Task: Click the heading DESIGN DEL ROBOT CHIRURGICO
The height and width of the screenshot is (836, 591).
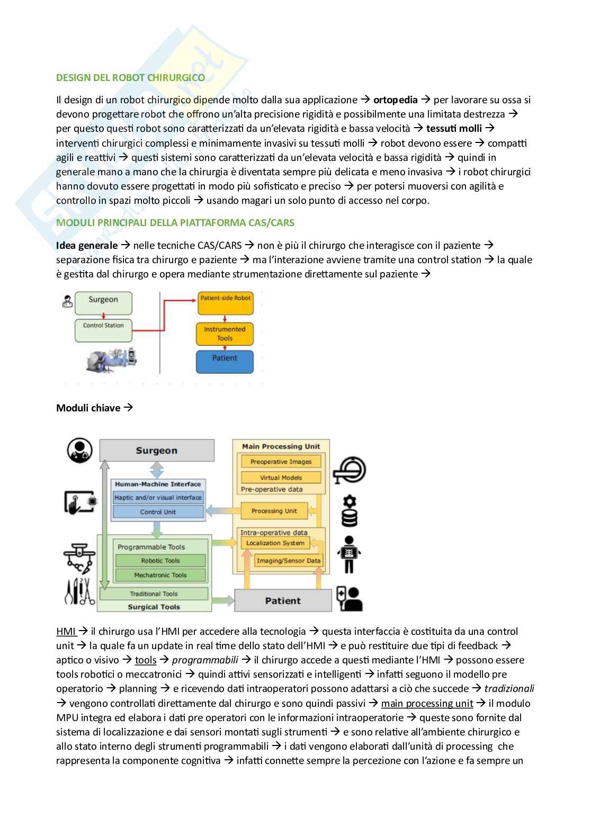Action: click(x=130, y=77)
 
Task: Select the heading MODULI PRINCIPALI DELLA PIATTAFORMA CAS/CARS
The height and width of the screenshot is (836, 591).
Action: click(x=175, y=222)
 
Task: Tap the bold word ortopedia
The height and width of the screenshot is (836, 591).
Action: click(x=395, y=100)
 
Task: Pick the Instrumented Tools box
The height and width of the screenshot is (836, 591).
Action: click(x=225, y=334)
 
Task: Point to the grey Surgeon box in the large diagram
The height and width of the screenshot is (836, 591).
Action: click(x=156, y=451)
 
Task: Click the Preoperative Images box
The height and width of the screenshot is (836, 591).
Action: click(x=281, y=462)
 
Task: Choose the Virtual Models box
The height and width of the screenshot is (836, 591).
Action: click(x=281, y=477)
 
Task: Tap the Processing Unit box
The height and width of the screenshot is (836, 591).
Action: click(x=274, y=511)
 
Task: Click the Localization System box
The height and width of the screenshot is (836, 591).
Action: click(x=275, y=543)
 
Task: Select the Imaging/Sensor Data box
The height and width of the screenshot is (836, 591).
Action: click(x=289, y=560)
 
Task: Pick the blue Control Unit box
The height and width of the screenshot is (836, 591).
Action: click(x=158, y=512)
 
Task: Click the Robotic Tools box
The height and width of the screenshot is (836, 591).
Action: click(x=160, y=561)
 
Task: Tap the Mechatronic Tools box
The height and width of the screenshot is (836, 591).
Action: click(x=160, y=575)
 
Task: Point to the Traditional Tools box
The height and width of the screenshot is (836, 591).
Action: click(x=154, y=594)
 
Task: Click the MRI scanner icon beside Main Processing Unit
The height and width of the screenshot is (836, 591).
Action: click(x=350, y=470)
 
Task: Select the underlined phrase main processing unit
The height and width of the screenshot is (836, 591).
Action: click(x=427, y=703)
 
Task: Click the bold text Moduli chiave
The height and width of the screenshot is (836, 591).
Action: click(x=88, y=408)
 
